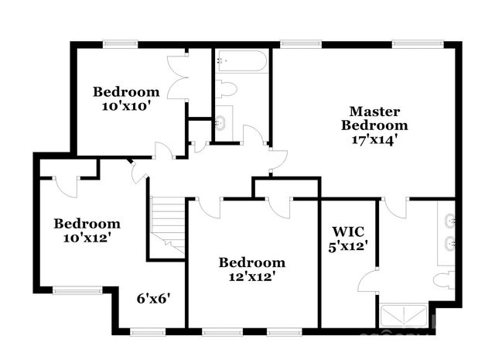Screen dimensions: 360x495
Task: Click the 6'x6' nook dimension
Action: pos(154,297)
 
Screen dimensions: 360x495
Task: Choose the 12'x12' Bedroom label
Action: pos(251,262)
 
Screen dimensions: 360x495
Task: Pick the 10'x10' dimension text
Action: pos(125,106)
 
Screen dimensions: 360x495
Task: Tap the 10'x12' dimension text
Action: pos(87,238)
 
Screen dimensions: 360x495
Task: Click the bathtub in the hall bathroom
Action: pos(241,60)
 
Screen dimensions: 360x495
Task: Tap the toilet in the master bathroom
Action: pos(445,279)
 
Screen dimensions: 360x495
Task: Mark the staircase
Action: pos(167,225)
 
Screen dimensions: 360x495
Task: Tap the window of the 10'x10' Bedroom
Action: pos(120,44)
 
